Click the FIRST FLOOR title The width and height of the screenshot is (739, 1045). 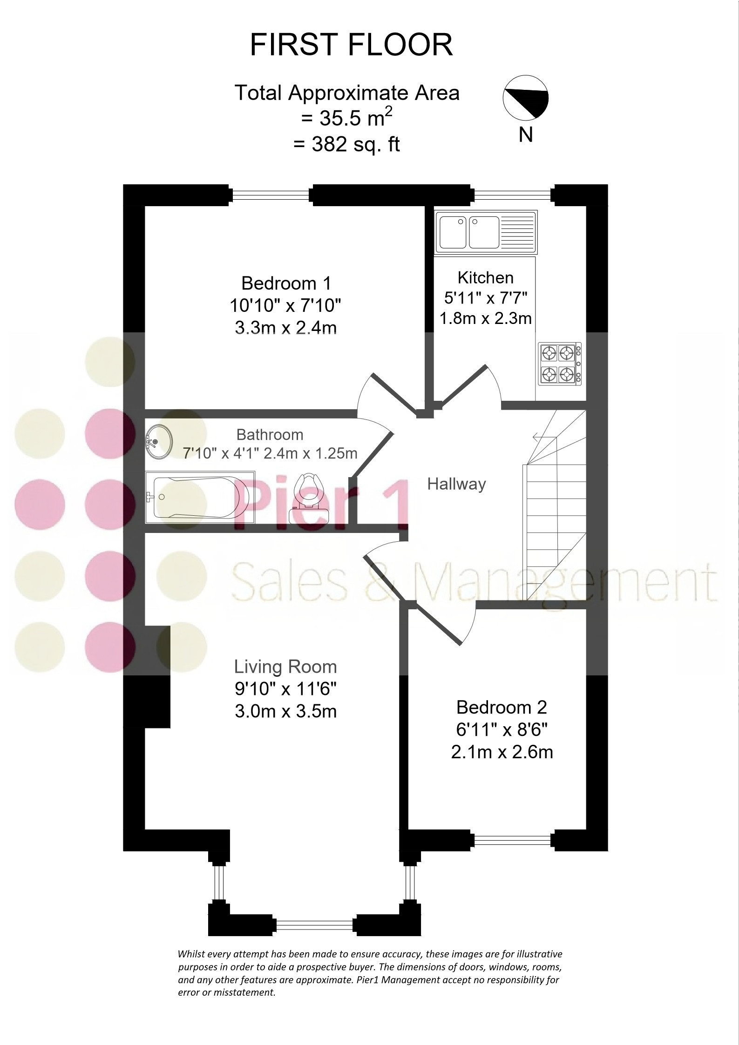(x=351, y=45)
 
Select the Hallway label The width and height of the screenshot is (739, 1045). (x=456, y=485)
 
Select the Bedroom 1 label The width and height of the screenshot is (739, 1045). (x=286, y=283)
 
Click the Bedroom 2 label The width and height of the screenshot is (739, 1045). (x=502, y=707)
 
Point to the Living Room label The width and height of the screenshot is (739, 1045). (x=285, y=667)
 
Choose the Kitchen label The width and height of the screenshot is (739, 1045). (x=486, y=277)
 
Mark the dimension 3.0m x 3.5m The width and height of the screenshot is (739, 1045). (x=285, y=711)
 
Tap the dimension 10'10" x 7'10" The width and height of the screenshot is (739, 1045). (x=285, y=306)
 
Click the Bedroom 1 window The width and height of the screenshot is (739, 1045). (x=271, y=195)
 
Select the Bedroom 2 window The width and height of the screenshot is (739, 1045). (x=512, y=840)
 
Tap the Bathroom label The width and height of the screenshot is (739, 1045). (x=270, y=435)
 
